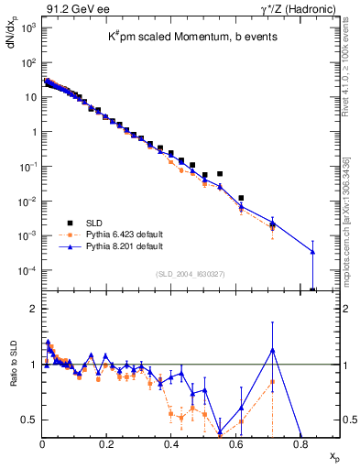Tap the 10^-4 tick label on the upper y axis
[27, 271]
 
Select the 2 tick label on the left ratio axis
[33, 310]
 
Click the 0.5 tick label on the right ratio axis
[348, 420]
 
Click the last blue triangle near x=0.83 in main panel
[312, 252]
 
